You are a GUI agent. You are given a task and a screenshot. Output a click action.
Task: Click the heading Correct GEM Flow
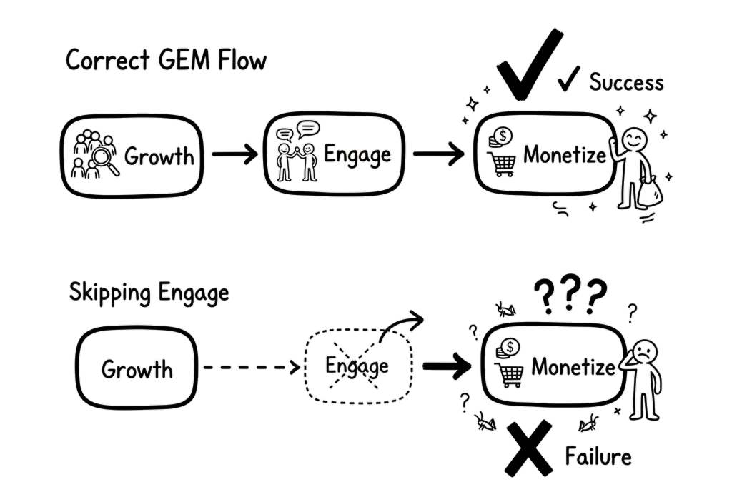pos(165,61)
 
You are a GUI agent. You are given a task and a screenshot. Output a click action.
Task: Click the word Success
pos(626,83)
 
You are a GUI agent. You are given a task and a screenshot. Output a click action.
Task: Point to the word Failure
pos(598,456)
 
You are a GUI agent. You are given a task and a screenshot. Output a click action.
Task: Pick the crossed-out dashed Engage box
pos(357,366)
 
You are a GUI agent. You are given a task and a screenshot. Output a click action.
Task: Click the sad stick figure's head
pos(644,350)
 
